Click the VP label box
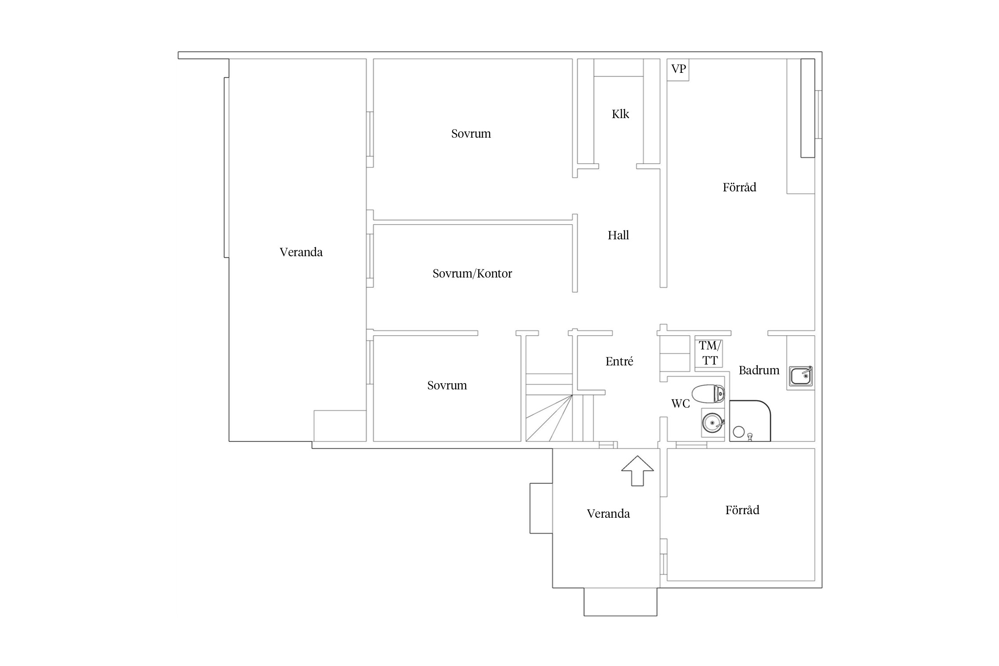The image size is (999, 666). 678,70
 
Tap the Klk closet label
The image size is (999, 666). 620,114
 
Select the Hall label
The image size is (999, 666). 618,235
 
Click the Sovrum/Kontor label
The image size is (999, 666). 472,274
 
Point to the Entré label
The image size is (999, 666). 619,361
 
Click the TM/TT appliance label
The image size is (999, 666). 710,353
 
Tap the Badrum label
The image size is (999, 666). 759,370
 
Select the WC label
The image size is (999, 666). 680,404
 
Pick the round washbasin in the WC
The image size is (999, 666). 713,423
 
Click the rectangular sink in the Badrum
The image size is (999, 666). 801,376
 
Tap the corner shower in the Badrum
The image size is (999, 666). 750,421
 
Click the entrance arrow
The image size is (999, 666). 638,471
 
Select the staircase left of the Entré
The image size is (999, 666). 559,408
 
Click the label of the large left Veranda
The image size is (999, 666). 301,252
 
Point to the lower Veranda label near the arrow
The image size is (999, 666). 608,514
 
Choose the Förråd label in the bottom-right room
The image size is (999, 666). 742,510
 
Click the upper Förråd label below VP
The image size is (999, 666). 739,187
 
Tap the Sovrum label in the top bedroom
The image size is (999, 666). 471,134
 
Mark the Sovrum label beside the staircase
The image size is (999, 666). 447,385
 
